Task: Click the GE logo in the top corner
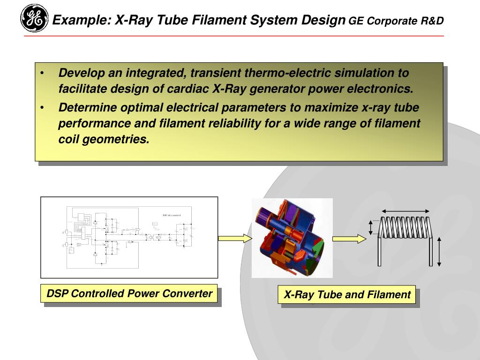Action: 34,18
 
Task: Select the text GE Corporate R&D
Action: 396,21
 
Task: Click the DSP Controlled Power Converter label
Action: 129,294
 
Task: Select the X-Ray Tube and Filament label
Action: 347,295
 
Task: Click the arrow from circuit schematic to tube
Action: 235,238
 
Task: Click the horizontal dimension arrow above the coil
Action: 405,211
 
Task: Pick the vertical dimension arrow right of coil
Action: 439,252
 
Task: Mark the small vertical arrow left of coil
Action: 371,227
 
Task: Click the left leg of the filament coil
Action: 380,251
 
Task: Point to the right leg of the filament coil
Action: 430,251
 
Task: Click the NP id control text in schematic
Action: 172,215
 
